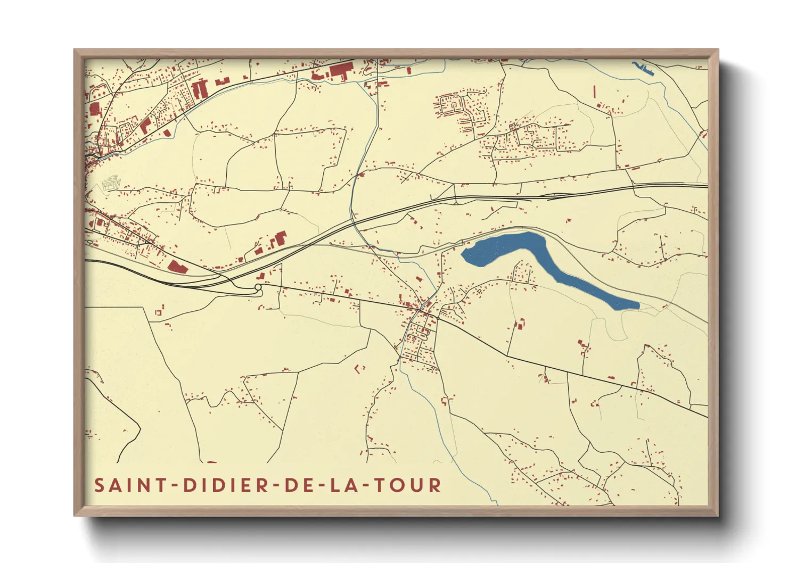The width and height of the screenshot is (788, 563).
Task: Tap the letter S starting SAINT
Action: (x=100, y=485)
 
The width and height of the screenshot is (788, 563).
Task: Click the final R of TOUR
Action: (x=436, y=485)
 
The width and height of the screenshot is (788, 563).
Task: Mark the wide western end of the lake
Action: (x=479, y=253)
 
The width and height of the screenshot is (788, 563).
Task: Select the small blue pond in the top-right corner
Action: (x=643, y=69)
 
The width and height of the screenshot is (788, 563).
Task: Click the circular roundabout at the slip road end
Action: (x=258, y=288)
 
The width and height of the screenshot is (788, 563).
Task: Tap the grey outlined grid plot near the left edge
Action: (x=111, y=184)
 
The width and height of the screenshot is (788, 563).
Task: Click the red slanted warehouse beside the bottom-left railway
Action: (x=177, y=267)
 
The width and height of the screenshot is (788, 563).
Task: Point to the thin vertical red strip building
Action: (x=594, y=92)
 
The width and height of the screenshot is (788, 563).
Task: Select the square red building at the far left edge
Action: (x=95, y=110)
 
